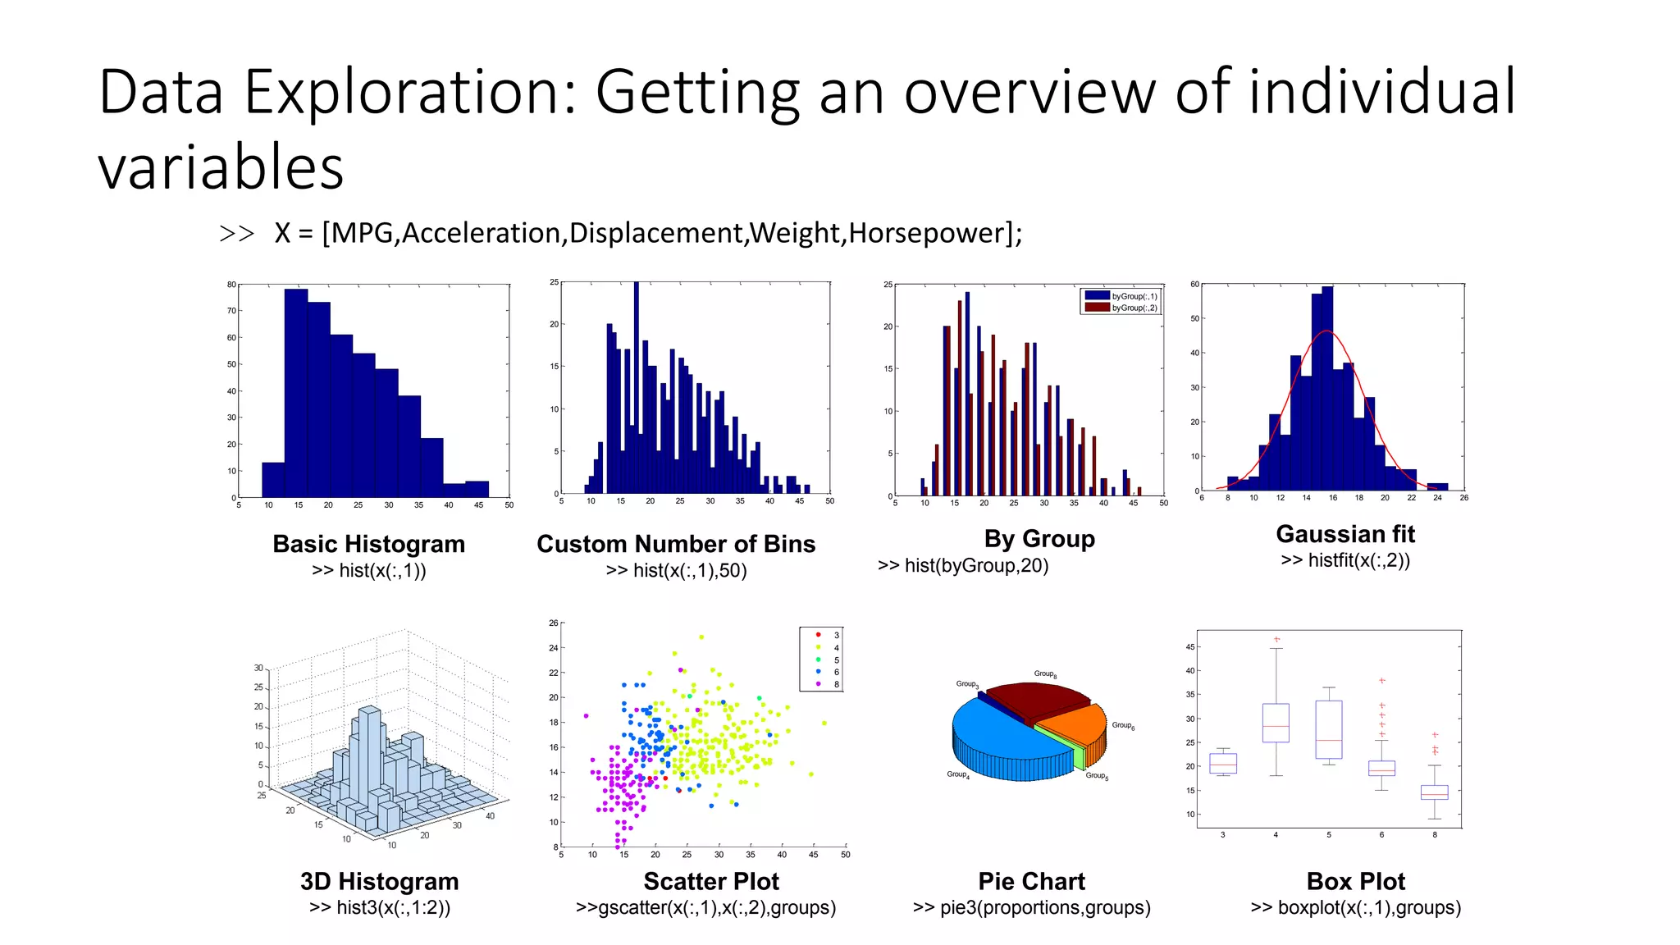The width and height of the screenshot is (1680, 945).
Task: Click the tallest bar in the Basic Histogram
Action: [x=296, y=394]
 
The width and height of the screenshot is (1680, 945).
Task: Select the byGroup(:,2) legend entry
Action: [x=1121, y=308]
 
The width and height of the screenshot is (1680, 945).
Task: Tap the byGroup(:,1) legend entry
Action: [x=1121, y=296]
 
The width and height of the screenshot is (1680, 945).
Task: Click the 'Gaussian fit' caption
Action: [x=1345, y=534]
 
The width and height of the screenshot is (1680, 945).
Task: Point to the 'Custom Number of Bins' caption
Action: [x=676, y=544]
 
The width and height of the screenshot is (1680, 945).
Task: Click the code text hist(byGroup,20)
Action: [x=963, y=565]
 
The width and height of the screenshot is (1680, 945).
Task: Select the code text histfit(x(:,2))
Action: [x=1345, y=560]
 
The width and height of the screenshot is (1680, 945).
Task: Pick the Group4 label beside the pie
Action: [x=958, y=774]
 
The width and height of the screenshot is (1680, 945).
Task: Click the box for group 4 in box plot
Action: [x=1276, y=723]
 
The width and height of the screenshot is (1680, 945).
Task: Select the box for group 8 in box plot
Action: [x=1434, y=792]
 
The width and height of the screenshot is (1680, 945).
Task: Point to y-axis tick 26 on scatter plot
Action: [x=554, y=623]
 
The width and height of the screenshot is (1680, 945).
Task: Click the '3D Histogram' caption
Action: [x=379, y=881]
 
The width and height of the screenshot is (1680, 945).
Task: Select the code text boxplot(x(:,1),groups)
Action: [x=1356, y=907]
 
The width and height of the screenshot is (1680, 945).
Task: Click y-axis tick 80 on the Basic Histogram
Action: [x=231, y=285]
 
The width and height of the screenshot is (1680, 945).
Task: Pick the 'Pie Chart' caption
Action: [x=1031, y=881]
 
